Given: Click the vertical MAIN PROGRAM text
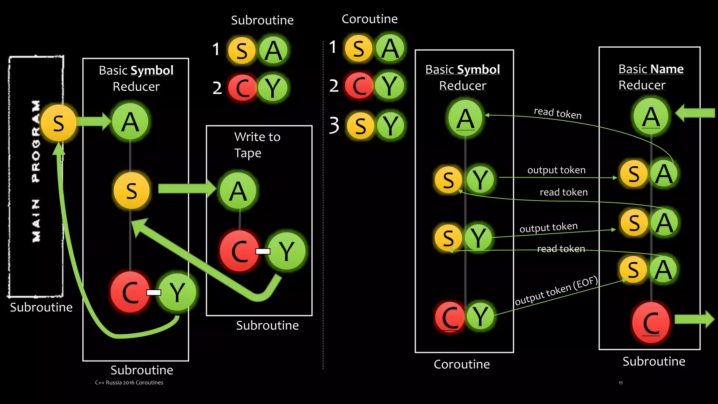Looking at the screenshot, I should [x=36, y=171].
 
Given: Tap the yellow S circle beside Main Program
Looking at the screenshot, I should [x=59, y=123].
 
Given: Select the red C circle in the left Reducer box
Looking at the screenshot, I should [x=130, y=292].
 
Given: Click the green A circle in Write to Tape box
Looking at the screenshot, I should [x=238, y=191].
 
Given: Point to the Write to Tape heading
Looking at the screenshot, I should [x=257, y=144].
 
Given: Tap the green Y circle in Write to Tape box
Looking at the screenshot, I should [x=287, y=251].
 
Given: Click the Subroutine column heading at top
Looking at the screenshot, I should [x=262, y=20].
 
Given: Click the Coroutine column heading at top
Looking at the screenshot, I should [x=370, y=19].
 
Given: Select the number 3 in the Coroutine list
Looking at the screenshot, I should [x=334, y=125].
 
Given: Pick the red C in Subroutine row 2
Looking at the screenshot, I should [x=242, y=88].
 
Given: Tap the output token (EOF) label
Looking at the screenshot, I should [x=556, y=291].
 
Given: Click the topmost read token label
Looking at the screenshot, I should [x=557, y=113].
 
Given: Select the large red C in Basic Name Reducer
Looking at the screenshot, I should [x=651, y=323].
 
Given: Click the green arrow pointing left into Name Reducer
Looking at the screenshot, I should [x=695, y=113].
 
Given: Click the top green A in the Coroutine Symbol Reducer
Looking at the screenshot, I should [x=465, y=118].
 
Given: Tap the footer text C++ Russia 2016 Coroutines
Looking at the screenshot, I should [x=129, y=383].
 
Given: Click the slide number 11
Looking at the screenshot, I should [x=621, y=383].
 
